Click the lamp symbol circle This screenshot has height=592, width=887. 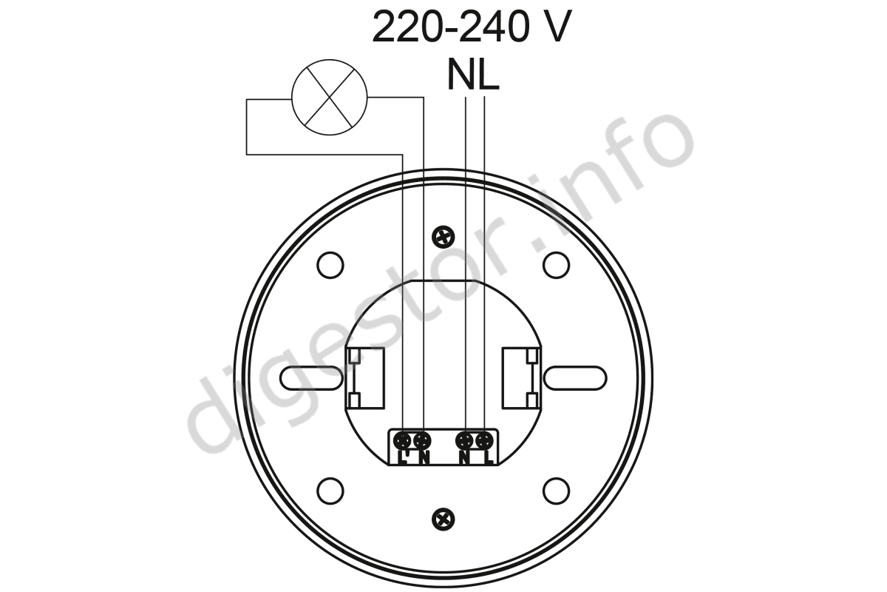292,97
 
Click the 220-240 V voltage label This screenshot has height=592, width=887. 472,27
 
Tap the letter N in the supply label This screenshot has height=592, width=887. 461,75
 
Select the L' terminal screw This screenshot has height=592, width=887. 403,440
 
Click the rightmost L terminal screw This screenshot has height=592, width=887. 484,440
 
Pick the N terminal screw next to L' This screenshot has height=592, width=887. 422,440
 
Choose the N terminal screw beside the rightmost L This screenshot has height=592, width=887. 465,440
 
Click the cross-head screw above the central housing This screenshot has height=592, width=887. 443,237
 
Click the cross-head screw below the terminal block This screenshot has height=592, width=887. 443,519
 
